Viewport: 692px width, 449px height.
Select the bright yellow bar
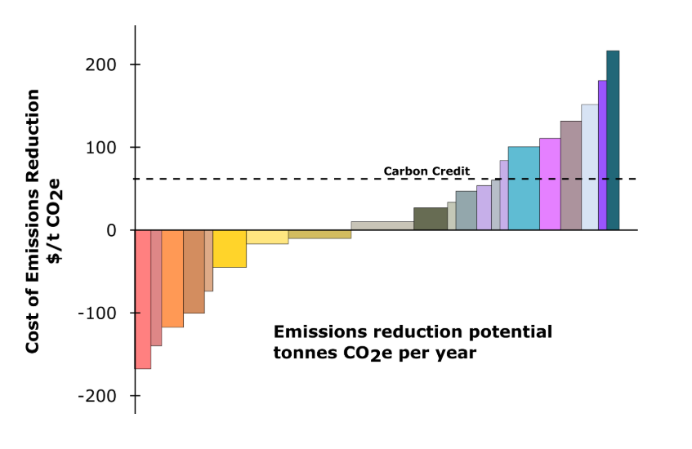coord(230,248)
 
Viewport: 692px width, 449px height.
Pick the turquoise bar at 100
coord(524,188)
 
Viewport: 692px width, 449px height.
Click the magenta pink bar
coord(550,184)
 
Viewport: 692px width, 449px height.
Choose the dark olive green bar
coord(431,219)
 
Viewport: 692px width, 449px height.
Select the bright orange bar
coord(172,278)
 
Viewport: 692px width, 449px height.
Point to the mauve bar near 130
coord(571,176)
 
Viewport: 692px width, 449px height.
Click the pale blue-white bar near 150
coord(589,167)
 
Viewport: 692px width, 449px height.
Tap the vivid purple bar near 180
coord(602,155)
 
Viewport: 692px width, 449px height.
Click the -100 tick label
coord(96,313)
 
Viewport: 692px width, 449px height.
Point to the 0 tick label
coord(111,230)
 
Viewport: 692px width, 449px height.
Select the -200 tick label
coord(96,395)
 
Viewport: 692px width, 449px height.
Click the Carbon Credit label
coord(426,171)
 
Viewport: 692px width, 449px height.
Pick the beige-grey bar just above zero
coord(382,225)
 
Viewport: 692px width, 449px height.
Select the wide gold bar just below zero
coord(319,234)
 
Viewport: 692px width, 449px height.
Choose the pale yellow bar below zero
coord(267,237)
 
